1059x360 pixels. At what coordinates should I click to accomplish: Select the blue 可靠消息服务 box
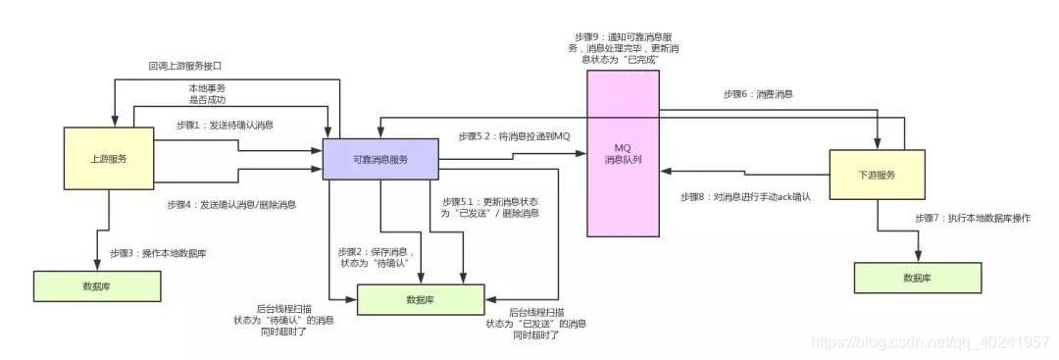[380, 160]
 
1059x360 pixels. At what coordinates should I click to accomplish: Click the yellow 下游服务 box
[877, 176]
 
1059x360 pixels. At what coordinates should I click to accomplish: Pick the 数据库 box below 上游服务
[96, 284]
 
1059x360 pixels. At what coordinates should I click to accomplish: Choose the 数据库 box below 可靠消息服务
[421, 299]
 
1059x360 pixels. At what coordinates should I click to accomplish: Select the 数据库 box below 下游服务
[918, 278]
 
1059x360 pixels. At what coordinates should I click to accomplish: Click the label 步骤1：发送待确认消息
[225, 125]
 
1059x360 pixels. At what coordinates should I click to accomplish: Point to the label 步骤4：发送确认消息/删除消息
[232, 205]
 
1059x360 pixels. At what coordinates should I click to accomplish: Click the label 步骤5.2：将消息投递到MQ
[513, 135]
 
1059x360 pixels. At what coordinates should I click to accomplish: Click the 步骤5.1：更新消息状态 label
[482, 207]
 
